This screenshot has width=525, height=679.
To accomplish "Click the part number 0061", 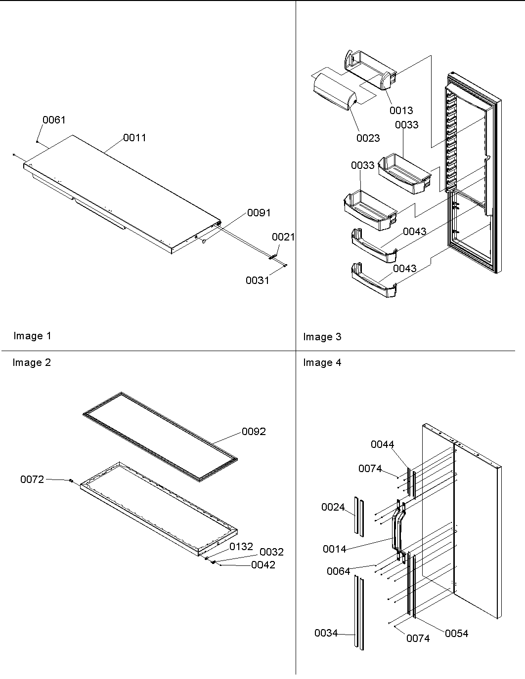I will [54, 120].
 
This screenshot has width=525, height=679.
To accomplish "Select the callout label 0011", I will [134, 138].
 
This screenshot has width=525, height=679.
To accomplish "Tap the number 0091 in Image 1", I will [259, 213].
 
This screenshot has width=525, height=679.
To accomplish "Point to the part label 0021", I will [283, 237].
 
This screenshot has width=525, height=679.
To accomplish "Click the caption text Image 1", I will [32, 336].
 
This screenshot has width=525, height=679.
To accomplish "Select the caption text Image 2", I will [32, 362].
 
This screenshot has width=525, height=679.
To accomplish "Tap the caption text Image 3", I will [322, 337].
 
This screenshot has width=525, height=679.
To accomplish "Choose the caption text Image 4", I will [322, 362].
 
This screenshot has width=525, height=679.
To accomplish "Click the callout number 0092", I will [254, 432].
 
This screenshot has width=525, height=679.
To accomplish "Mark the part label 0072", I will [32, 479].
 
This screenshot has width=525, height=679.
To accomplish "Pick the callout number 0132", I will [241, 547].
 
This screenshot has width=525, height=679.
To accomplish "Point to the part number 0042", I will [263, 565].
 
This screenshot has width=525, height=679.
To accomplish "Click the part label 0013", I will [401, 111].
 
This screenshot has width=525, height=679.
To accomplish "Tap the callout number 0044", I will [383, 444].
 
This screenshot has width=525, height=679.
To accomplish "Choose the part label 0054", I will [456, 634].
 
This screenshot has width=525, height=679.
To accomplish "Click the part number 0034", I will [326, 633].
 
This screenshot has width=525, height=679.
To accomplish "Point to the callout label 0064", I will [338, 571].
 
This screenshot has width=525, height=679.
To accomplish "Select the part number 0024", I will [333, 507].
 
